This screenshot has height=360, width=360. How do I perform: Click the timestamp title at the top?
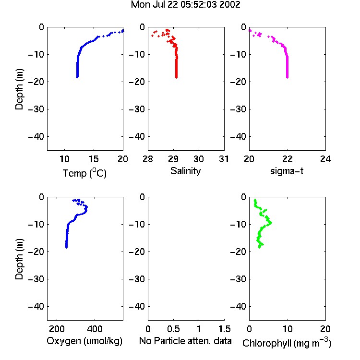[x=185, y=5]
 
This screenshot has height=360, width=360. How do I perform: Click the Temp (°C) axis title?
[x=84, y=173]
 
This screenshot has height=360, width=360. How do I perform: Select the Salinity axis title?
[x=185, y=171]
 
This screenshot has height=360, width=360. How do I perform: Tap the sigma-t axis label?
[x=287, y=171]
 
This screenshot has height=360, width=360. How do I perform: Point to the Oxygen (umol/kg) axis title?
[x=84, y=341]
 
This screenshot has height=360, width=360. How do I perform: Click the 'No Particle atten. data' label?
[x=185, y=341]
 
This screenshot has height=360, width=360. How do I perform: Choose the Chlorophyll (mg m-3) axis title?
[x=287, y=343]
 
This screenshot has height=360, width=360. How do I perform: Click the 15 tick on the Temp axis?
[x=94, y=159]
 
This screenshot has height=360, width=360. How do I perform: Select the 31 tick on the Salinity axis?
[x=224, y=159]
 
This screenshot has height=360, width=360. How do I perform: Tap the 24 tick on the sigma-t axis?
[x=325, y=159]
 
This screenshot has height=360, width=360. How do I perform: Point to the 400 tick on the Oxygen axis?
[x=95, y=329]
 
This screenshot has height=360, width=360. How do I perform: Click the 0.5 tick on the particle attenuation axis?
[x=173, y=329]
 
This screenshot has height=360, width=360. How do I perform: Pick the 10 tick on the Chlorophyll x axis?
[x=288, y=329]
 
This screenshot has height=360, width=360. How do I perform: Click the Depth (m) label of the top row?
[x=19, y=89]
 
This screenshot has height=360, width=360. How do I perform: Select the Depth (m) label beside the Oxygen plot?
[x=19, y=259]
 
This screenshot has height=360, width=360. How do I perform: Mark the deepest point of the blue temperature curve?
[x=77, y=77]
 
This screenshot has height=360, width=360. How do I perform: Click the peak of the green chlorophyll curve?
[x=270, y=222]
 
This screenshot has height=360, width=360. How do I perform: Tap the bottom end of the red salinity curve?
[x=176, y=77]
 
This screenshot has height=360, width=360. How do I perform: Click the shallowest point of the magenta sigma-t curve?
[x=250, y=30]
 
